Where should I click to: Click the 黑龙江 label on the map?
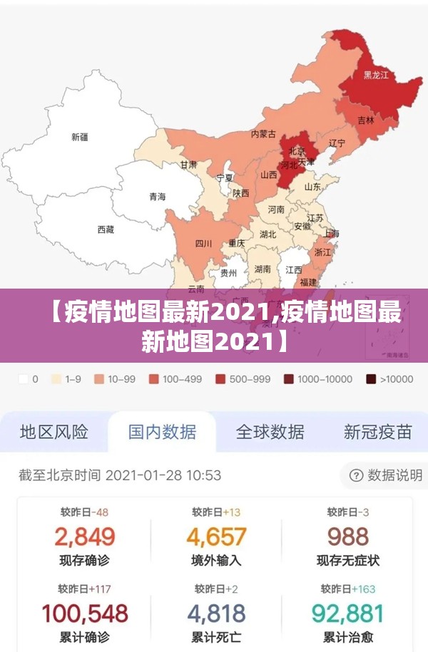tap(376, 75)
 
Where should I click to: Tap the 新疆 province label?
tap(80, 137)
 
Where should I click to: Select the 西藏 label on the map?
tap(105, 229)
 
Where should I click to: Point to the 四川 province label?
tap(203, 244)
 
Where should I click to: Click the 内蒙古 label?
tap(263, 133)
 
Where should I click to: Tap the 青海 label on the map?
tap(157, 196)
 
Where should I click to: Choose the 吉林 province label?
tap(365, 120)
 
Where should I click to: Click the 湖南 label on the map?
tap(263, 269)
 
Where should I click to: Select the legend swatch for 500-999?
tap(220, 380)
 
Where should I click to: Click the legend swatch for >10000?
tap(372, 380)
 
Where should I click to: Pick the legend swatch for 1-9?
tap(56, 380)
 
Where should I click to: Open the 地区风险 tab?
tap(54, 432)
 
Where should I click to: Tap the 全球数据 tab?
tap(270, 432)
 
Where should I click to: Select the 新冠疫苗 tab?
tap(377, 432)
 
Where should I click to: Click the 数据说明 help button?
tap(386, 475)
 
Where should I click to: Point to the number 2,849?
tap(84, 536)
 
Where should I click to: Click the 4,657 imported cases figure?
tap(216, 536)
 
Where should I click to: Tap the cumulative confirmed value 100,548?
tap(84, 613)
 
